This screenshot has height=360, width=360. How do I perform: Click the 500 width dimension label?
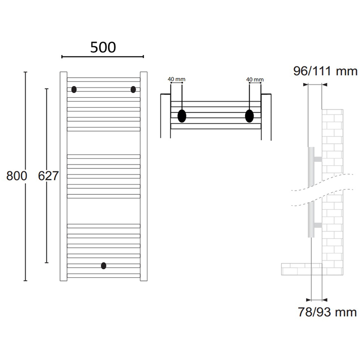pos(103,47)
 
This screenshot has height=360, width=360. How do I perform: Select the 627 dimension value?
pos(48,176)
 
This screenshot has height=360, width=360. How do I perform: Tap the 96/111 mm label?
pos(326,71)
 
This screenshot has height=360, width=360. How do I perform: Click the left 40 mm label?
pos(176,80)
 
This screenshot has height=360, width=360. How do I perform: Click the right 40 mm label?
pos(255,80)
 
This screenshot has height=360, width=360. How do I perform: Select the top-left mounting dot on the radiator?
pos(74,89)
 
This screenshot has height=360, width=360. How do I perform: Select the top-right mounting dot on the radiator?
pos(133,89)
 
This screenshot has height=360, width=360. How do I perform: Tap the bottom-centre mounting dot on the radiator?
pos(103,265)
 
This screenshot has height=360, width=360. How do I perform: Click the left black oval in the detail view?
pos(182,116)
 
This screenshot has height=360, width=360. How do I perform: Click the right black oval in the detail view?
pos(250,116)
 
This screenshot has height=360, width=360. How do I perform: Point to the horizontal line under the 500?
pos(102,57)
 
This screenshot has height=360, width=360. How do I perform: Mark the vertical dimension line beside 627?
pos(47,133)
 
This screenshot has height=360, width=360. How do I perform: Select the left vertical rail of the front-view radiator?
pos(63,177)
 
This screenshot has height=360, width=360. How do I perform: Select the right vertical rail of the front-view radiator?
pos(144,177)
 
